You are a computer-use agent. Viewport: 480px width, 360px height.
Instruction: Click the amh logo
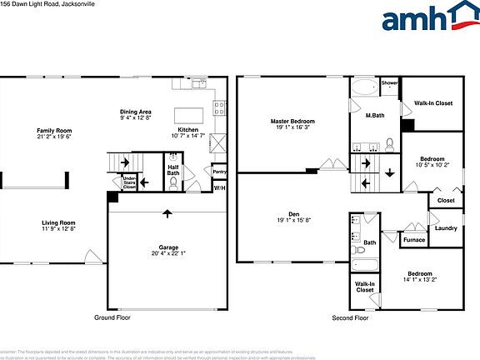pyautogui.click(x=424, y=20)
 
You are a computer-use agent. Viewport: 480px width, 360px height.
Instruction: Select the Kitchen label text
pyautogui.click(x=187, y=130)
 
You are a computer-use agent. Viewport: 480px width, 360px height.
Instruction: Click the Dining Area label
pyautogui.click(x=134, y=112)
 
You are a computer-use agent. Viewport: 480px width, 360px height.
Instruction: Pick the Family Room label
pyautogui.click(x=53, y=131)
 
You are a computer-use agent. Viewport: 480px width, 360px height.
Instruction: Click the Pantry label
pyautogui.click(x=219, y=172)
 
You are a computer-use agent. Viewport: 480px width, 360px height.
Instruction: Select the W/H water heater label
pyautogui.click(x=219, y=188)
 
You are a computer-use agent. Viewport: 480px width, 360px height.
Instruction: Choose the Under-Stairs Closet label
pyautogui.click(x=129, y=182)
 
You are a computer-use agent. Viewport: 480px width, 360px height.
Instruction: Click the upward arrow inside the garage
pyautogui.click(x=167, y=213)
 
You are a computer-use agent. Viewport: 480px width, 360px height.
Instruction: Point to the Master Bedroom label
pyautogui.click(x=291, y=122)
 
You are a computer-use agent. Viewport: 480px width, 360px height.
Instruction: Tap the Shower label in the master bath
pyautogui.click(x=389, y=83)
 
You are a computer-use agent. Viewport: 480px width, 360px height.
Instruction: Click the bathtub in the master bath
pyautogui.click(x=364, y=87)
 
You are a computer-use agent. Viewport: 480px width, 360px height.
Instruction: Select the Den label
pyautogui.click(x=293, y=214)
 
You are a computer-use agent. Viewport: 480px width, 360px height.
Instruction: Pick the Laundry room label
pyautogui.click(x=445, y=227)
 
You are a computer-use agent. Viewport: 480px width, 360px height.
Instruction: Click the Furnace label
pyautogui.click(x=413, y=240)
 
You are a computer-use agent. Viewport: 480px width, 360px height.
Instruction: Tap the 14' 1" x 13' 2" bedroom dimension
pyautogui.click(x=420, y=280)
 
